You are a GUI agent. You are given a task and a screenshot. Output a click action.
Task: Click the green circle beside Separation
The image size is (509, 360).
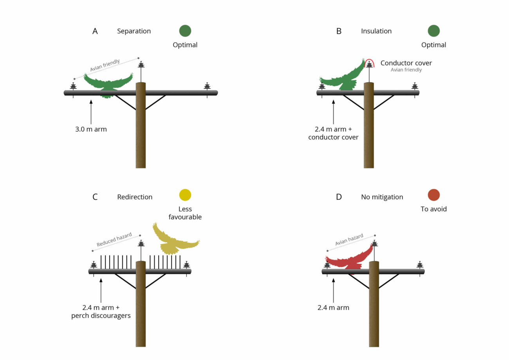pos(185,31)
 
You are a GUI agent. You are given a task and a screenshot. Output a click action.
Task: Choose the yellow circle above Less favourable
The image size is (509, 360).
pos(185,195)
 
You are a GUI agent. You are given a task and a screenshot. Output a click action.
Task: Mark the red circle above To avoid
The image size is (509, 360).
pos(433,195)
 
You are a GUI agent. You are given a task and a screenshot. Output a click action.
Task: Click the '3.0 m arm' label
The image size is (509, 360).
pos(91,128)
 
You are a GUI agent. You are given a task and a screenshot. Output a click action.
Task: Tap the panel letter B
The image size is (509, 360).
pos(339,31)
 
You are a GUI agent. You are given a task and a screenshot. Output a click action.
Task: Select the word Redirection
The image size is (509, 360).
pos(135,197)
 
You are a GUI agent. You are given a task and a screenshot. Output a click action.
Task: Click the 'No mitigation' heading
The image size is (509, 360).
pos(382,197)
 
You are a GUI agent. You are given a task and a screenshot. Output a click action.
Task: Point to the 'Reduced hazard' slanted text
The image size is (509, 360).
pos(114,240)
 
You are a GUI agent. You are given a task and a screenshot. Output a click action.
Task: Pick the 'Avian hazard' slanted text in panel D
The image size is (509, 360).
pos(349,240)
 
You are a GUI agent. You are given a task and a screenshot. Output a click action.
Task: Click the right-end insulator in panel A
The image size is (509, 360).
pos(207,86)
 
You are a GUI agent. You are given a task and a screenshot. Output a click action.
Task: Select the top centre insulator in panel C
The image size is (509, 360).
pos(141,244)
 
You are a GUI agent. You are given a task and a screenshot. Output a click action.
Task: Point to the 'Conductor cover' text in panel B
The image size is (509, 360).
pos(406,63)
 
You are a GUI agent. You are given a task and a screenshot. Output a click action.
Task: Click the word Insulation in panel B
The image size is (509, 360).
pos(376,31)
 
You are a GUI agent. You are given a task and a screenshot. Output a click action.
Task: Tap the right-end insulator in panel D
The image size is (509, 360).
pos(420,265)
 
